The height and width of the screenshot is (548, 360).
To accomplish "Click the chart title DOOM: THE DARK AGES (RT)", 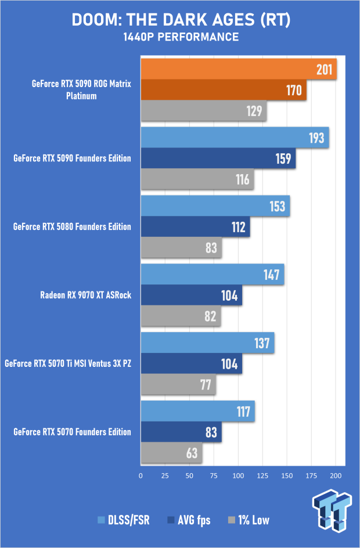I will (180, 20).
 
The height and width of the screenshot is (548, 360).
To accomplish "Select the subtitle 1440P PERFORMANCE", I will (180, 37).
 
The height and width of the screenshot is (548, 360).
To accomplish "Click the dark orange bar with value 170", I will (224, 91).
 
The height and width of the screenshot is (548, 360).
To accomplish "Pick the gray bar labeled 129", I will (203, 111).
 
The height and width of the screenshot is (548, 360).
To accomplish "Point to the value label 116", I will (242, 179).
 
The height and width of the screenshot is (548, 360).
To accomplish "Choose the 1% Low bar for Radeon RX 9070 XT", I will (181, 316).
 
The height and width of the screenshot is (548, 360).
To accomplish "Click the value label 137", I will (261, 344).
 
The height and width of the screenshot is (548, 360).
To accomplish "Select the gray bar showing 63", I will (171, 453).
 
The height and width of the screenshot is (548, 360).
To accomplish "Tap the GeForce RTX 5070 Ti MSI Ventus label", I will (69, 364).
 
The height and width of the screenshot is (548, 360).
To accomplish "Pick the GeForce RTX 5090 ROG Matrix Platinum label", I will (81, 90).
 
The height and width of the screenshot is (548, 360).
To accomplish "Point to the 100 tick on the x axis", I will (238, 475).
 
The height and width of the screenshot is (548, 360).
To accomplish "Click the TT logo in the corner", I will (332, 509).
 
